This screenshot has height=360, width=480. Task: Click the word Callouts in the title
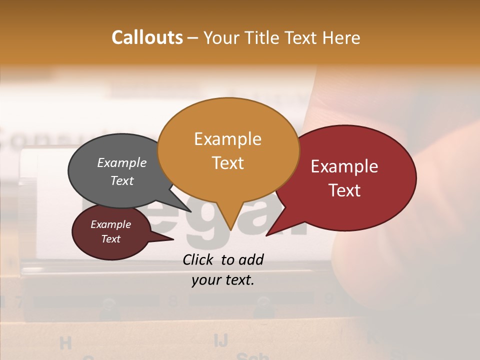click(x=147, y=37)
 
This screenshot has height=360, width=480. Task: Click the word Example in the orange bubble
click(x=227, y=138)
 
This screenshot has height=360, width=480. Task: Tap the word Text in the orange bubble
click(x=228, y=162)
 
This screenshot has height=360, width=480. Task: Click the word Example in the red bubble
click(x=344, y=166)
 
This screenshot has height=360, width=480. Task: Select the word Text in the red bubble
click(x=345, y=190)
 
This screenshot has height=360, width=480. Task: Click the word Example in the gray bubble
click(x=122, y=162)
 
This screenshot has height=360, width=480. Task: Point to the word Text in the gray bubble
click(x=122, y=180)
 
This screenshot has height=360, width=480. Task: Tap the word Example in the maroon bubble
click(x=110, y=224)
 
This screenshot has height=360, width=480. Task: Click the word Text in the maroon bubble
click(x=110, y=239)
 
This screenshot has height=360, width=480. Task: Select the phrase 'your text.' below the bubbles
click(x=223, y=280)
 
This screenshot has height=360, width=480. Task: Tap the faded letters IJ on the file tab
click(x=220, y=340)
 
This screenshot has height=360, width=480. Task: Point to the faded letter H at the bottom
click(x=65, y=343)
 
